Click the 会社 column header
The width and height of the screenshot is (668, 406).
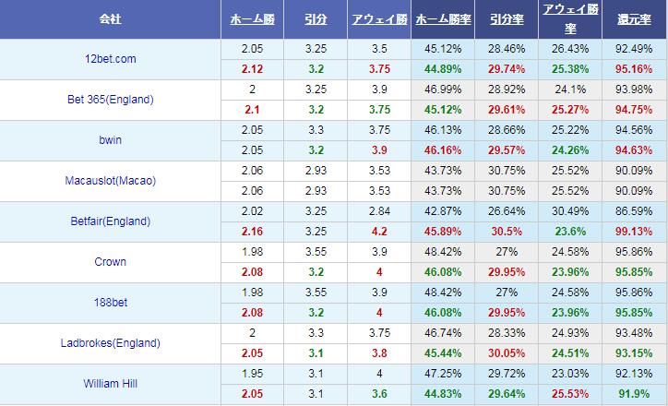111,18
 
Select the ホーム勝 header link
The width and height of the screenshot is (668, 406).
252,18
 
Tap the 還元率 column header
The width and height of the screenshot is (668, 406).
635,18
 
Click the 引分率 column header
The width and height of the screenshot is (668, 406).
507,18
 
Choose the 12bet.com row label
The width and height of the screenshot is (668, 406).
111,59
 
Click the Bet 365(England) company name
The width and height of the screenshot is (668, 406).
111,100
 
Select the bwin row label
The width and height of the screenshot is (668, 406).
111,140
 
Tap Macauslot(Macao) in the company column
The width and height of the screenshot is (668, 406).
111,181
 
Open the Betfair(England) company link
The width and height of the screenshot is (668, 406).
111,221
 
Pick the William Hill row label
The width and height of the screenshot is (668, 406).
111,384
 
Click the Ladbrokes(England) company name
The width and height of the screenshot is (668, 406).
111,343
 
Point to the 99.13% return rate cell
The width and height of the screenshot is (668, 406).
635,231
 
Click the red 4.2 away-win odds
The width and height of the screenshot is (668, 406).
379,231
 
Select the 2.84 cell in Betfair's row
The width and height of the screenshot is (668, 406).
379,211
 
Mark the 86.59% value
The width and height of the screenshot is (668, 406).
635,211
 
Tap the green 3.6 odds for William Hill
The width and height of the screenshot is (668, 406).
379,393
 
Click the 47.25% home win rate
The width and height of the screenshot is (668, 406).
443,374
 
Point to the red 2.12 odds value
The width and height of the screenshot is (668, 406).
252,68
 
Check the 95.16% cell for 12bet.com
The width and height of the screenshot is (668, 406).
635,68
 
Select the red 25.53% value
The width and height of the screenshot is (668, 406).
570,393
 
